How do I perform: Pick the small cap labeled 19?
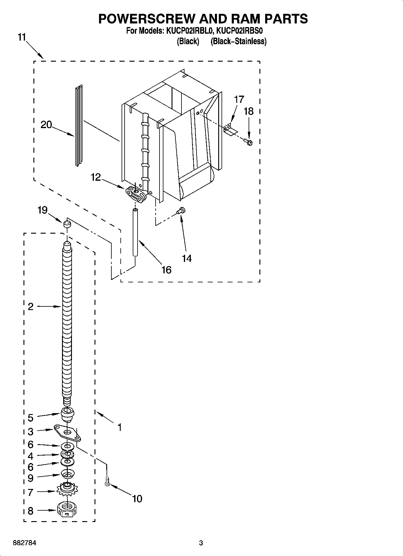point(67,224)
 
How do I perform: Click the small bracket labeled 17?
point(230,130)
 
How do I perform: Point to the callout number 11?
point(22,38)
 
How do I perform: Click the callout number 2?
point(30,307)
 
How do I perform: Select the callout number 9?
point(30,478)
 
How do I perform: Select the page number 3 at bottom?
point(201,543)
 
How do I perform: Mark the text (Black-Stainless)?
point(238,41)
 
